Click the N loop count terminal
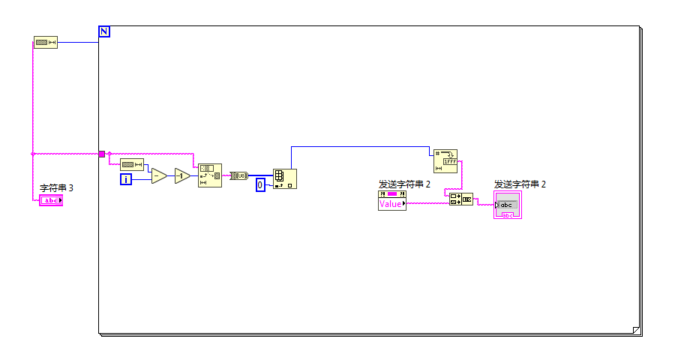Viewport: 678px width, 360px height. [104, 31]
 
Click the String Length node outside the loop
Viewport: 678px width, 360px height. [46, 43]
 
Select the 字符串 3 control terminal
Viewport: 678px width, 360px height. [51, 200]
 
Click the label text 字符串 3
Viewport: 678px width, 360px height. [56, 187]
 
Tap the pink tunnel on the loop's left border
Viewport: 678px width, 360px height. [102, 154]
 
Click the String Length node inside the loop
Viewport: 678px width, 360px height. [132, 164]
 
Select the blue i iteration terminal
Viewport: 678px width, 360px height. [126, 178]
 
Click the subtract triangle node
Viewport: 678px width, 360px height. [158, 176]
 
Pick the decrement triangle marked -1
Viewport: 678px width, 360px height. [182, 176]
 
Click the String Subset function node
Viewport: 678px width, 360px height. [209, 175]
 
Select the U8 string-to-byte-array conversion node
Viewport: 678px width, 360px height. [238, 175]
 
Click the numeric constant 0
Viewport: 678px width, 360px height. [260, 184]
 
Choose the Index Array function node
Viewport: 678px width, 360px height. [284, 178]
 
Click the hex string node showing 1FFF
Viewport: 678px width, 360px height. [445, 160]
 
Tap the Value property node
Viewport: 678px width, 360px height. [392, 200]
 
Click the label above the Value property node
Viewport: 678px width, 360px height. [404, 184]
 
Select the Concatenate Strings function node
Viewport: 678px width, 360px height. [460, 199]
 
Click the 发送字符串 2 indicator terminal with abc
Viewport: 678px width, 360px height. [507, 205]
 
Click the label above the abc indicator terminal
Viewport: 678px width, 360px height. [520, 184]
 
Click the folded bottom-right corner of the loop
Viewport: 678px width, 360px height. [637, 329]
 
